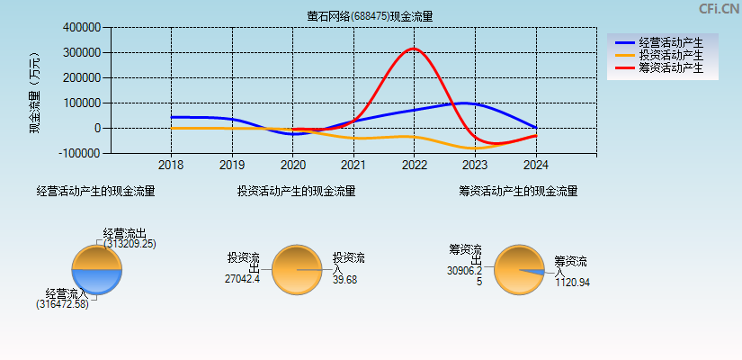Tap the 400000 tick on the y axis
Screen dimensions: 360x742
click(x=81, y=28)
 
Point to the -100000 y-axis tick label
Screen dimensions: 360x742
click(x=79, y=153)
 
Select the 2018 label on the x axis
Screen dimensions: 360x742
click(x=171, y=166)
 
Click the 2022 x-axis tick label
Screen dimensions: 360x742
click(x=414, y=166)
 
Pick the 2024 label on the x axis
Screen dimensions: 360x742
click(x=535, y=166)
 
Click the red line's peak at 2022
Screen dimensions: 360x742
click(x=413, y=49)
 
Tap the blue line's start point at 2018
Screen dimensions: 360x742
click(x=172, y=117)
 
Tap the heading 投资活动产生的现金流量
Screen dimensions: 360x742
click(x=296, y=191)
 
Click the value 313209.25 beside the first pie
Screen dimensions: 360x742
click(x=130, y=244)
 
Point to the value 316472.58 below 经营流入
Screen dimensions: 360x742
click(x=62, y=305)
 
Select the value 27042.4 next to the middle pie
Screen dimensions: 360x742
click(x=242, y=279)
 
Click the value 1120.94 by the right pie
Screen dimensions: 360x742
click(x=572, y=283)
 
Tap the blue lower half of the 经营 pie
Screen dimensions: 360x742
click(x=96, y=281)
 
